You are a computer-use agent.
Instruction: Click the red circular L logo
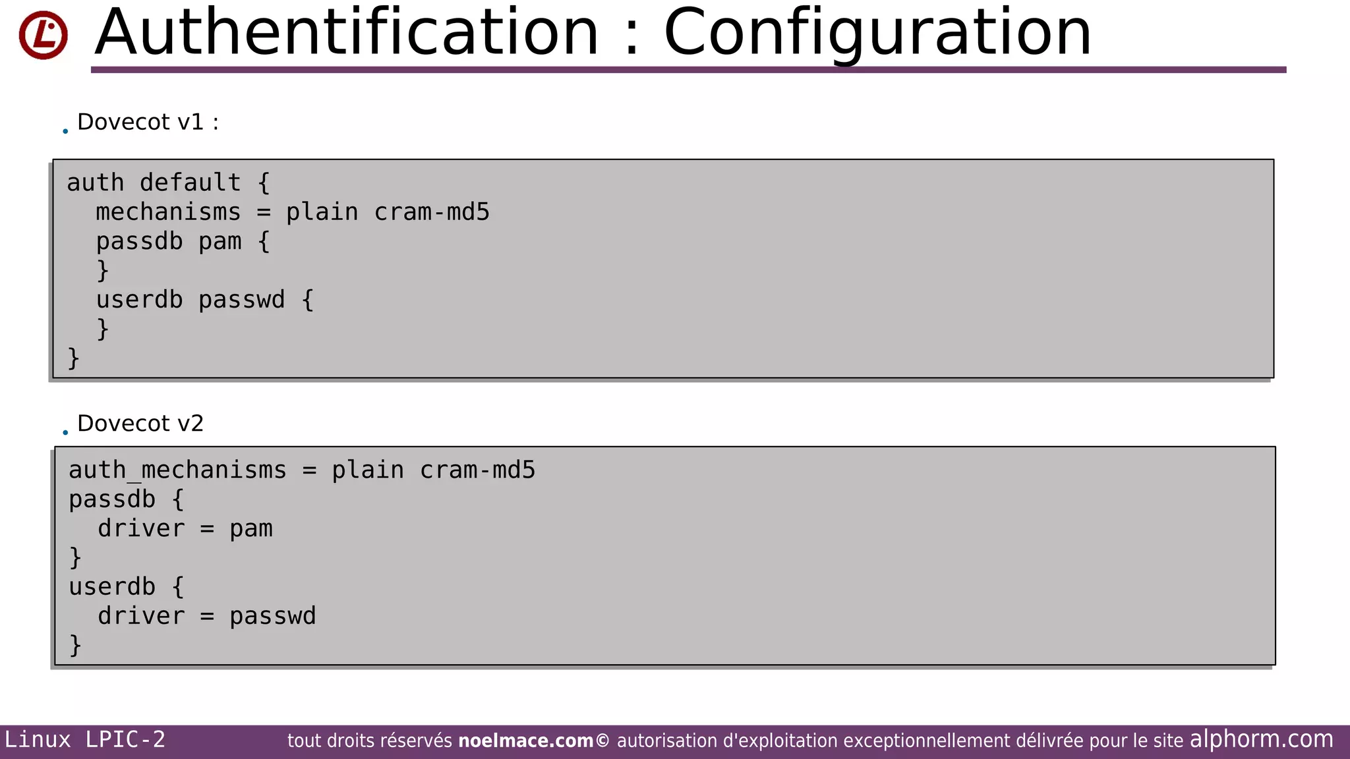(x=43, y=35)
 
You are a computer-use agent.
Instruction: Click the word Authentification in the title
(x=347, y=33)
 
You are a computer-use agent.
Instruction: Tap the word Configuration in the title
(x=877, y=33)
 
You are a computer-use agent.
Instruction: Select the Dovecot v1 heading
(x=147, y=122)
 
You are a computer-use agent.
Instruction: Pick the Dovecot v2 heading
(x=140, y=423)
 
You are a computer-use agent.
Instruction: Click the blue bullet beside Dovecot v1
(x=65, y=131)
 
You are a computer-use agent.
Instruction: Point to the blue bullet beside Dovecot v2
(x=65, y=432)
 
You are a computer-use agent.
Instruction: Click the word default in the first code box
(x=190, y=183)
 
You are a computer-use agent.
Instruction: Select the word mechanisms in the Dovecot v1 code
(x=168, y=212)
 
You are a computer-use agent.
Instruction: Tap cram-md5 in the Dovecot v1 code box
(x=432, y=212)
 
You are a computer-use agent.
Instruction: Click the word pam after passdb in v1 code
(x=220, y=241)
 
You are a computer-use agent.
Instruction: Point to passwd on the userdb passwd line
(x=241, y=300)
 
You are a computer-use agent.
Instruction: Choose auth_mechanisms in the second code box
(x=177, y=470)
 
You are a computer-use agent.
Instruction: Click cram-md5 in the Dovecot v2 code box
(x=477, y=470)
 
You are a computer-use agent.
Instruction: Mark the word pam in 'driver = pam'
(x=250, y=528)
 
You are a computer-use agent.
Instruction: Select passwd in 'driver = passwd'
(x=272, y=616)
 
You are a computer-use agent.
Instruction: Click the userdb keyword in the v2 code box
(x=112, y=586)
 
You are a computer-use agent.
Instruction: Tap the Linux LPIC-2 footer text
(x=84, y=740)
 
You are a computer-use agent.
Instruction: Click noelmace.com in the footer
(x=525, y=741)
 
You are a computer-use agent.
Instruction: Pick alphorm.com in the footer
(x=1261, y=739)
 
